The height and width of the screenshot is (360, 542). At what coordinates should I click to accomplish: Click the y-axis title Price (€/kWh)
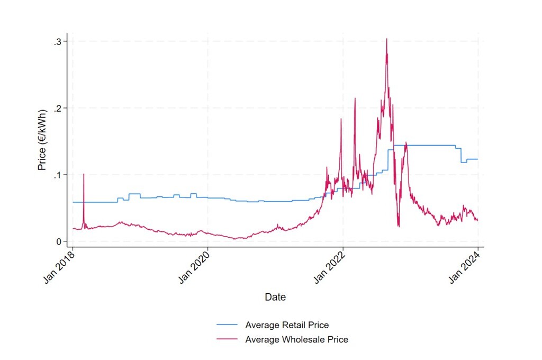[x=42, y=140]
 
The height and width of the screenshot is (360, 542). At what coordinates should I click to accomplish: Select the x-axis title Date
[x=275, y=298]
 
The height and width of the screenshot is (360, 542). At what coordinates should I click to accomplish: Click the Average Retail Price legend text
[x=287, y=325]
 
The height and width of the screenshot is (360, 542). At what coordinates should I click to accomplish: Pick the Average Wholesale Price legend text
[x=296, y=339]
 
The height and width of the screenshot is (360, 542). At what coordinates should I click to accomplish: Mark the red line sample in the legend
[x=227, y=339]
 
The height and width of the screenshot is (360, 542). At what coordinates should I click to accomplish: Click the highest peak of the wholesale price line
[x=387, y=39]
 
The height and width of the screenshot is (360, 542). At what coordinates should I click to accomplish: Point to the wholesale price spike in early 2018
[x=84, y=175]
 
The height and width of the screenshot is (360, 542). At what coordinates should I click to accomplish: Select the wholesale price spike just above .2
[x=355, y=98]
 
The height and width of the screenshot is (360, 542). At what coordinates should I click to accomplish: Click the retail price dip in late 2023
[x=463, y=161]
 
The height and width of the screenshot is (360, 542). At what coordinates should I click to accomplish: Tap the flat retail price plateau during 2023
[x=423, y=145]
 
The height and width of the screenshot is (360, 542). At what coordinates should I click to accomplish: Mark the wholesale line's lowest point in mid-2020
[x=236, y=239]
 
